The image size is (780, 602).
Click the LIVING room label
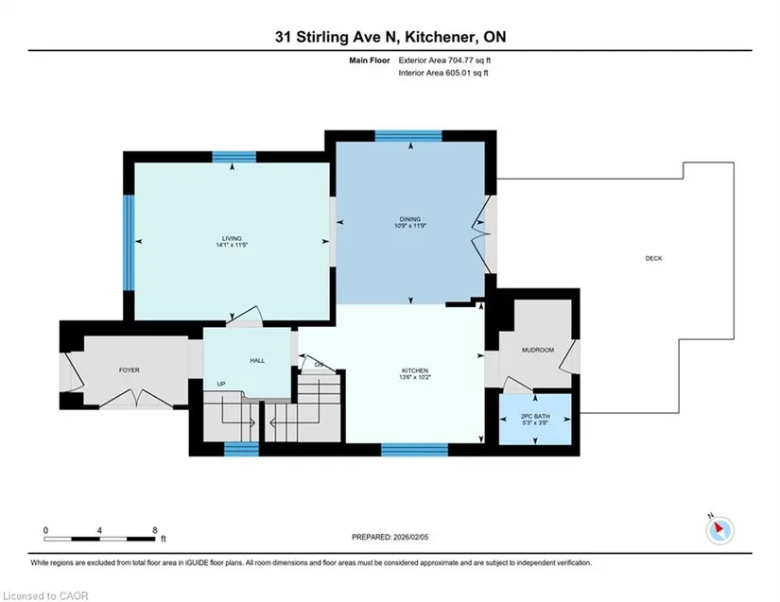click(232, 238)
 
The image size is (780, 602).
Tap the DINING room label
click(410, 219)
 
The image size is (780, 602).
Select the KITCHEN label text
click(415, 370)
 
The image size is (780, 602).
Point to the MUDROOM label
click(538, 350)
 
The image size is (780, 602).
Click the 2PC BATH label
click(535, 417)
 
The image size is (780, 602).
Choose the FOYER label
click(130, 370)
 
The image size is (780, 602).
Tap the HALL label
click(257, 360)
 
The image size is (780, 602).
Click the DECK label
click(653, 258)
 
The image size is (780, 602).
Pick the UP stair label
click(221, 384)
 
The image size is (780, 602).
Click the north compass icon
click(719, 530)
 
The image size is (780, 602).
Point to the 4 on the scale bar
click(99, 530)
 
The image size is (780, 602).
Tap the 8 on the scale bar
click(155, 530)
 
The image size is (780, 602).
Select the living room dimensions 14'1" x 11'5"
click(232, 245)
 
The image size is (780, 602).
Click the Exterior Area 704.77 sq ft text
click(444, 60)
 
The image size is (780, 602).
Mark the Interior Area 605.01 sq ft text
click(443, 73)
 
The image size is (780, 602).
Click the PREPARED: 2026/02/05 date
click(390, 537)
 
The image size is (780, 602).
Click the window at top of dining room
click(408, 136)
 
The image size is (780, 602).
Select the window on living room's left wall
click(129, 243)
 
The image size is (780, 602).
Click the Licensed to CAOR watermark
click(45, 595)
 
